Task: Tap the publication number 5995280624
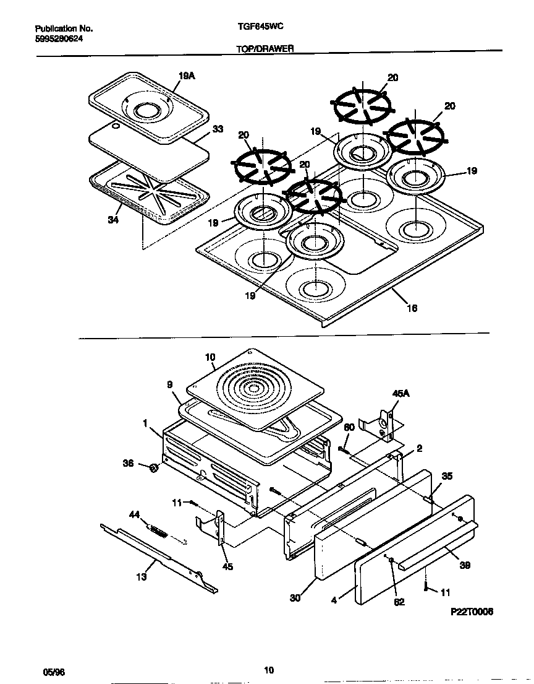point(59,38)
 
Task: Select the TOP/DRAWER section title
point(265,48)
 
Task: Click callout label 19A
point(187,76)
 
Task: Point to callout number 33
point(218,129)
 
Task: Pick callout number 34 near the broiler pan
point(112,220)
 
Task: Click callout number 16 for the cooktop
point(411,308)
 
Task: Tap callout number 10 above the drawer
point(210,357)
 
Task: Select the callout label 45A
point(401,393)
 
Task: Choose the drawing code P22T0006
point(472,611)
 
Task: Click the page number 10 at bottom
point(268,669)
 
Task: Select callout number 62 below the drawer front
point(399,602)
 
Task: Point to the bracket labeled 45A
point(382,426)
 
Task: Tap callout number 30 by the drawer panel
point(296,597)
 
